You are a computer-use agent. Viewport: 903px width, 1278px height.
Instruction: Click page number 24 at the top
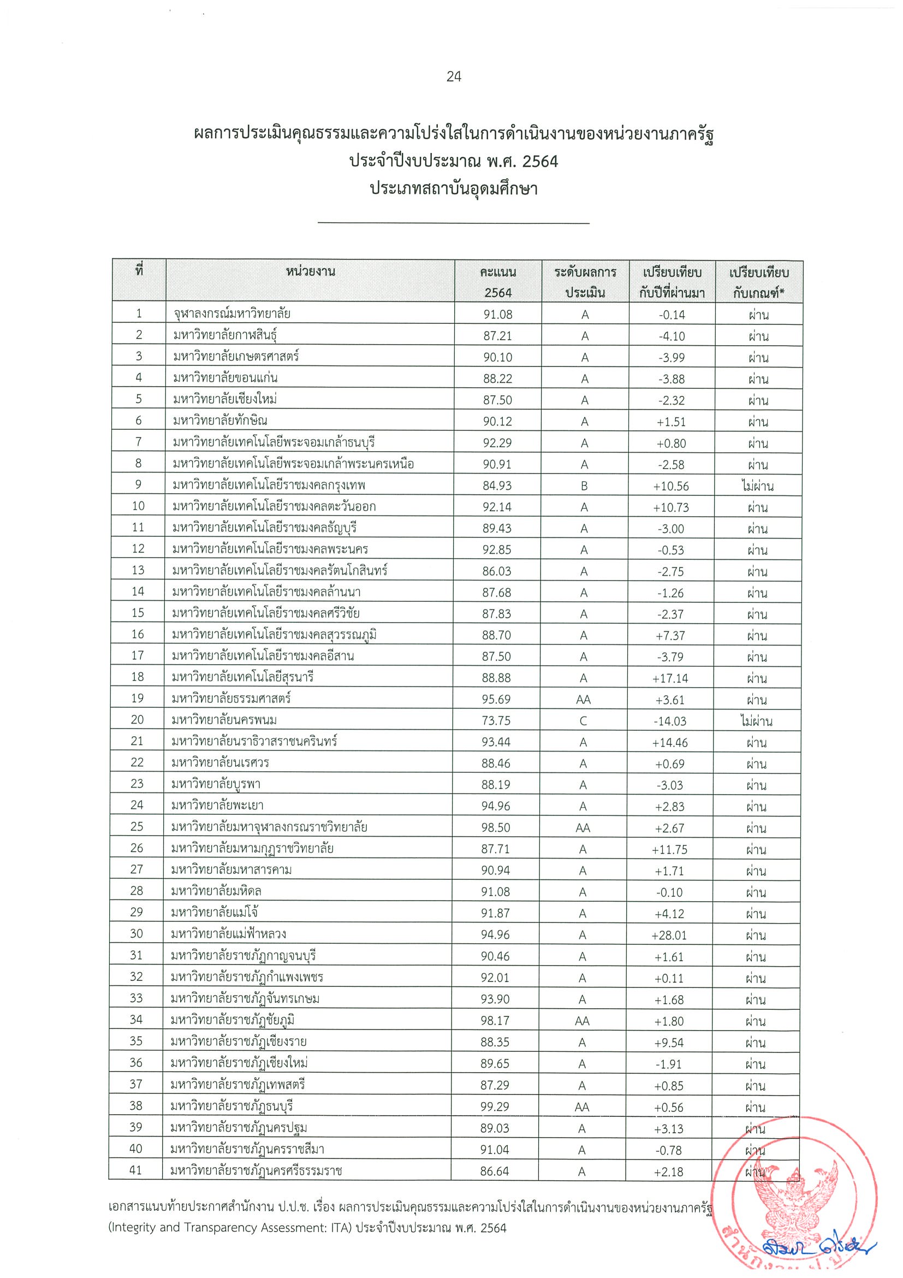point(454,76)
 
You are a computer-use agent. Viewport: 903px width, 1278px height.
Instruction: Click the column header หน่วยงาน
point(310,271)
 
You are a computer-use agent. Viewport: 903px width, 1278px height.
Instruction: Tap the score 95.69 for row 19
point(496,699)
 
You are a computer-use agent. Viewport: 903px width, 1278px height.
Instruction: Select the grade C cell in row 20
point(583,721)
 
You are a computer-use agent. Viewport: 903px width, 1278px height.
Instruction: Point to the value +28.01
point(669,935)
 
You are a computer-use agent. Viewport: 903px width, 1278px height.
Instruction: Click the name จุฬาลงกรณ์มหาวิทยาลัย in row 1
point(231,314)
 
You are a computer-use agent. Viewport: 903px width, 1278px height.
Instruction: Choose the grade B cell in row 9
point(584,486)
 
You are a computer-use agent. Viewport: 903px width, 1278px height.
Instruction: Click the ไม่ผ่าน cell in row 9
point(757,486)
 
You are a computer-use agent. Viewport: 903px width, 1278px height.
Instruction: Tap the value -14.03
point(670,721)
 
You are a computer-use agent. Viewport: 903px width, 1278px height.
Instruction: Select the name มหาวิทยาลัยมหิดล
point(216,892)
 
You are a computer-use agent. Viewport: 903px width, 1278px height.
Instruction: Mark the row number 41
point(136,1170)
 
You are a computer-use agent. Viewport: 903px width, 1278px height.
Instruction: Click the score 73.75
point(496,721)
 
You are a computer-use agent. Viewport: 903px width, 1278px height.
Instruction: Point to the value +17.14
point(671,678)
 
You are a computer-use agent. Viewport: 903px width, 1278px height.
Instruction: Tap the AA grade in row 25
point(583,827)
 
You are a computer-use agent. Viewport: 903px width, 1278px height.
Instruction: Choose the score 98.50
point(496,827)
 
